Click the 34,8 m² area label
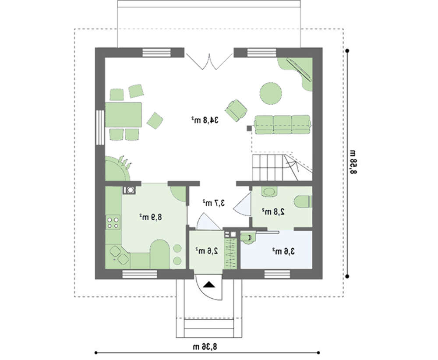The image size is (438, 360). point(205,120)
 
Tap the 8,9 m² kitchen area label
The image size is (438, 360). point(151,217)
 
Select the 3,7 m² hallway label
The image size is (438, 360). point(214,203)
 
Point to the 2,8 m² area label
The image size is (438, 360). point(273,212)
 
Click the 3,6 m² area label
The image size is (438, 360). point(283,251)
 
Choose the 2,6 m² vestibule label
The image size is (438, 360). point(207,251)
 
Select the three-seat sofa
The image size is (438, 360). point(282,124)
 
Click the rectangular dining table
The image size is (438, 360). point(123,115)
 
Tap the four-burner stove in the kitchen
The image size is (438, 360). point(113,222)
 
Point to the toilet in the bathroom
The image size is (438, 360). point(302,201)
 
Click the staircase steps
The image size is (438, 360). point(282,167)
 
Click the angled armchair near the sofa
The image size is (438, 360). point(237,110)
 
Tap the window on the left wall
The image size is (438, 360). point(100,127)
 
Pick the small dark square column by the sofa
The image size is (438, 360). point(249,128)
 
